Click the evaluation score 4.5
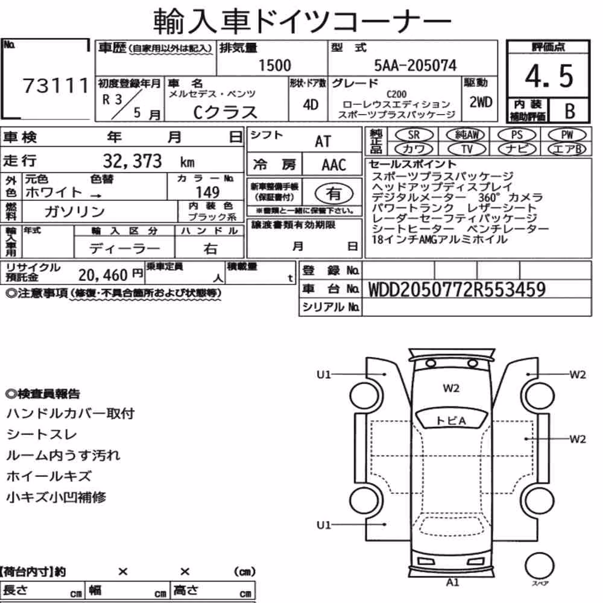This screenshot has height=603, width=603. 549,76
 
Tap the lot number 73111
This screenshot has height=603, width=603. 55,86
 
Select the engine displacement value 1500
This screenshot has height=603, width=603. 274,65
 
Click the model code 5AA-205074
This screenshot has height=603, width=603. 415,65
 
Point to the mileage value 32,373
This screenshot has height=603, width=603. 132,161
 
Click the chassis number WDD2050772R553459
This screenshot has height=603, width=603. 457,289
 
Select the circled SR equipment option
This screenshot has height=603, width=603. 414,135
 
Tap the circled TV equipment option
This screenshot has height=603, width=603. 467,149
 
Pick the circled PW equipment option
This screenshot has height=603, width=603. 567,135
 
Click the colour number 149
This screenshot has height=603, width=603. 207,192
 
